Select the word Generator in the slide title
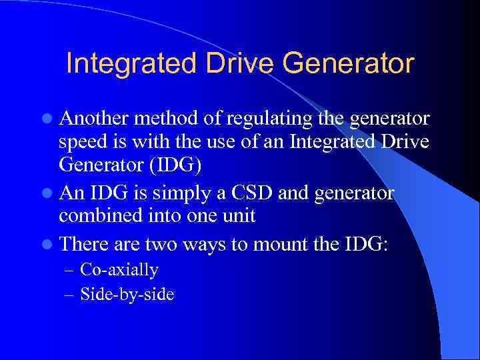347,64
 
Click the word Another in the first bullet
93,119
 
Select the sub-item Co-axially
119,270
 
